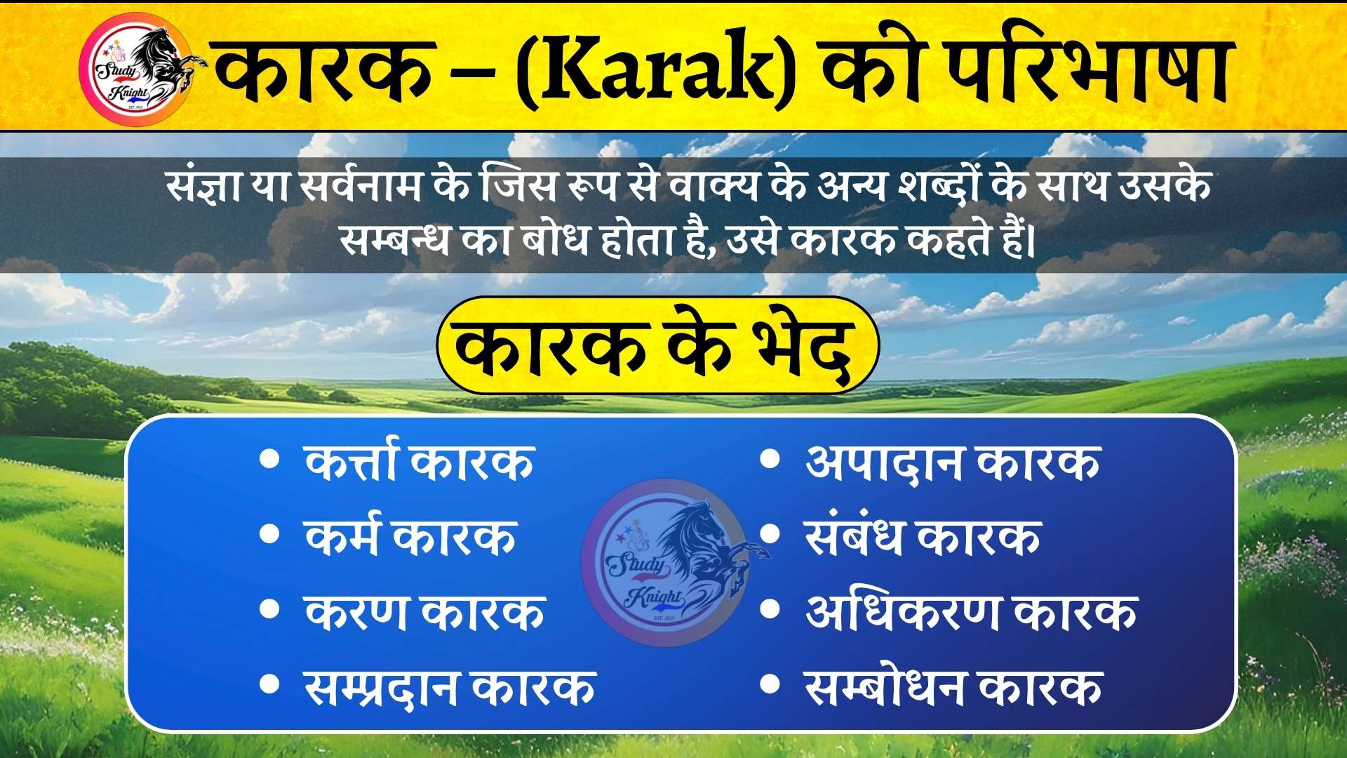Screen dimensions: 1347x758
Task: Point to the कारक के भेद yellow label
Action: (657, 345)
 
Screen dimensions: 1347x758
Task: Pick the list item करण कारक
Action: (424, 611)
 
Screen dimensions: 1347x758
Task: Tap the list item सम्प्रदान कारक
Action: (450, 686)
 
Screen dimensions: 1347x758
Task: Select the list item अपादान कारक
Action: (953, 461)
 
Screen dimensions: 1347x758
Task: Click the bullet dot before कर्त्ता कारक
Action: (269, 459)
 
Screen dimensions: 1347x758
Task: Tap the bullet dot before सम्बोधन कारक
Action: (770, 684)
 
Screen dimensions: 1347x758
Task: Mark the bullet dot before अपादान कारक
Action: (770, 459)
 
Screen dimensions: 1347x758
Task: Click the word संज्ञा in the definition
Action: (205, 186)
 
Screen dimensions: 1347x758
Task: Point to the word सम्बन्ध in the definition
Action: (394, 239)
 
